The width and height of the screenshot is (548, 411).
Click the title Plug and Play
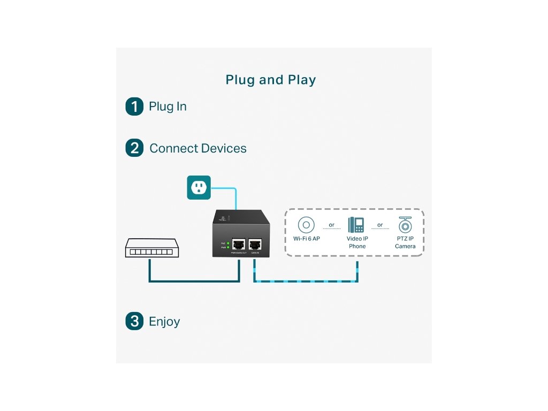pos(271,80)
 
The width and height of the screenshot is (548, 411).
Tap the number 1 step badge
pos(134,106)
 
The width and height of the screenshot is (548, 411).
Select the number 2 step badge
pos(134,148)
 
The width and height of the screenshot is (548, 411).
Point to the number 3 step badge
pos(134,321)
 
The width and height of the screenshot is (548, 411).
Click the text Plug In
pos(168,106)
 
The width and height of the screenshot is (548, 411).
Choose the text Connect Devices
pos(198,148)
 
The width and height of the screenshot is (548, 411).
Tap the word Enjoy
pos(164,322)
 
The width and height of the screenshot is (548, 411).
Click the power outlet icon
pos(199,187)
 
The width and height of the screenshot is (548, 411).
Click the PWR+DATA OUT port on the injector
pos(239,243)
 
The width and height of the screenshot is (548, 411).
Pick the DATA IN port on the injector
pos(256,243)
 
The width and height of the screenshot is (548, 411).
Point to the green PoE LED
pos(228,243)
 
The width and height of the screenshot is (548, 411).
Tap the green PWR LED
pos(228,247)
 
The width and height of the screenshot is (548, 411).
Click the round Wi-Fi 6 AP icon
pos(306,224)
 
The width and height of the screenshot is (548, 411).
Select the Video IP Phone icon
pos(356,225)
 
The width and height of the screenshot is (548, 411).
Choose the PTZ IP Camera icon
pos(405,225)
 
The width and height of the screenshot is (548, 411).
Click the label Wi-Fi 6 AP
pos(306,238)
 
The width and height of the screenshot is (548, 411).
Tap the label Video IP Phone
pos(357,242)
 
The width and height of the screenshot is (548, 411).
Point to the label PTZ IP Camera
pos(405,242)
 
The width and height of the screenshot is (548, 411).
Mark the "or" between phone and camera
pos(380,225)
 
